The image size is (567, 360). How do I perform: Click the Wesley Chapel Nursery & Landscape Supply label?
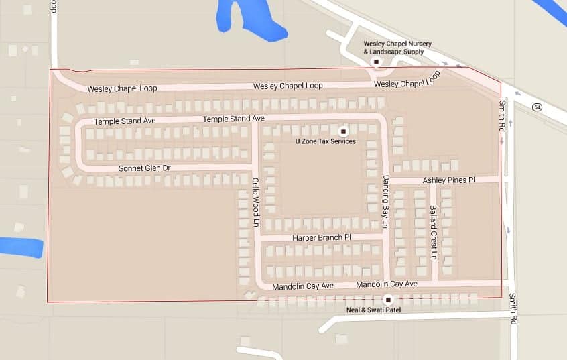point(394,48)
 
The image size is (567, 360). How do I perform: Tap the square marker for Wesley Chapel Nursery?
point(376,62)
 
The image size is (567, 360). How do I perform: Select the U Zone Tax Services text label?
point(325,141)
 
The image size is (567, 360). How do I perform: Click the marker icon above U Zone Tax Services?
point(344,131)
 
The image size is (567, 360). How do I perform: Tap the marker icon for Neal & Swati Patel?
point(387,299)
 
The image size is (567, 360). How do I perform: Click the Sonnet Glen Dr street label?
point(144,168)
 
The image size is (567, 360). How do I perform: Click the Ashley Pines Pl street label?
point(448,180)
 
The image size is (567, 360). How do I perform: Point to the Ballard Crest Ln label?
point(434,233)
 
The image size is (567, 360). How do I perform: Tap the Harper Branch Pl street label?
point(322,238)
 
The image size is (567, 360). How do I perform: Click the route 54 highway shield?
point(537,107)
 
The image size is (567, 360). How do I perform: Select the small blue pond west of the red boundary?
point(20,246)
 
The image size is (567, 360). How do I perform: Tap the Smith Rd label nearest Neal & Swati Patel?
point(513,308)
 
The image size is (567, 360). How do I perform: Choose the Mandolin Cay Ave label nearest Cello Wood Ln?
point(303,286)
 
